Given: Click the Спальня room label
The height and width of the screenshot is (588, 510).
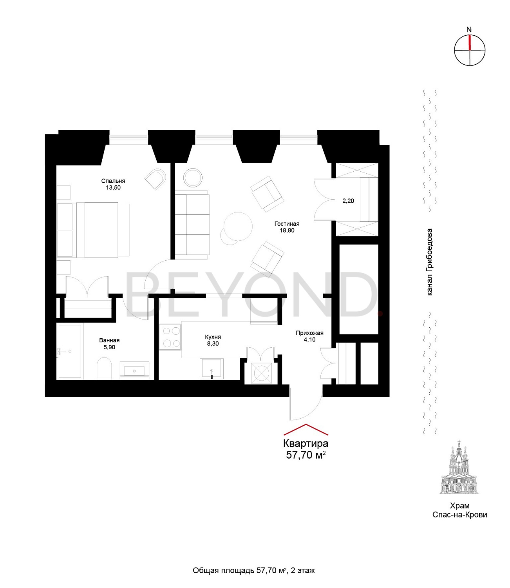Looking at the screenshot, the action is coord(113,181).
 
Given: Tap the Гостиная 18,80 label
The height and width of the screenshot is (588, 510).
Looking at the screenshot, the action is coord(287,227).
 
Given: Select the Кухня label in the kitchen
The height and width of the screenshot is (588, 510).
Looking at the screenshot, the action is coord(213,337).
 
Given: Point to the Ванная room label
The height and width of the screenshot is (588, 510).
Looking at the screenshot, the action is coord(109,340).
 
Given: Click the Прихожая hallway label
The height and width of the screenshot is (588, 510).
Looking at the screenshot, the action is coord(309,333).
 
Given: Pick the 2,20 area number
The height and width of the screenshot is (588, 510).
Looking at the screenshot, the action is coord(348,201).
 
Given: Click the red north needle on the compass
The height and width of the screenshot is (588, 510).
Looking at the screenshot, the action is coord(470,43).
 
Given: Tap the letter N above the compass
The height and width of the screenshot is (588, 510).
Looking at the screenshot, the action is coord(469,30).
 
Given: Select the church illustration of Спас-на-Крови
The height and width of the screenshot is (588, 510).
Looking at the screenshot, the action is coord(459,467).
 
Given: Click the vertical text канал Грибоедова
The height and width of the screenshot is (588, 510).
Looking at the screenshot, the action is coord(429,262).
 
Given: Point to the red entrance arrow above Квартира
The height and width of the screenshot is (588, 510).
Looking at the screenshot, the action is coord(306,429).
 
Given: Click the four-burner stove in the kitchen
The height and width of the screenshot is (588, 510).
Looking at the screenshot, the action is coord(170,337).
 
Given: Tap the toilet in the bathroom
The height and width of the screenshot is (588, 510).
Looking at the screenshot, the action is coord(104,368).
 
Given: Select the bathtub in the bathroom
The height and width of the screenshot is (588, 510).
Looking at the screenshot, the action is coord(70,352).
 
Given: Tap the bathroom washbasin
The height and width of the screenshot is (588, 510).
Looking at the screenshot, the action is coord(134,370).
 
